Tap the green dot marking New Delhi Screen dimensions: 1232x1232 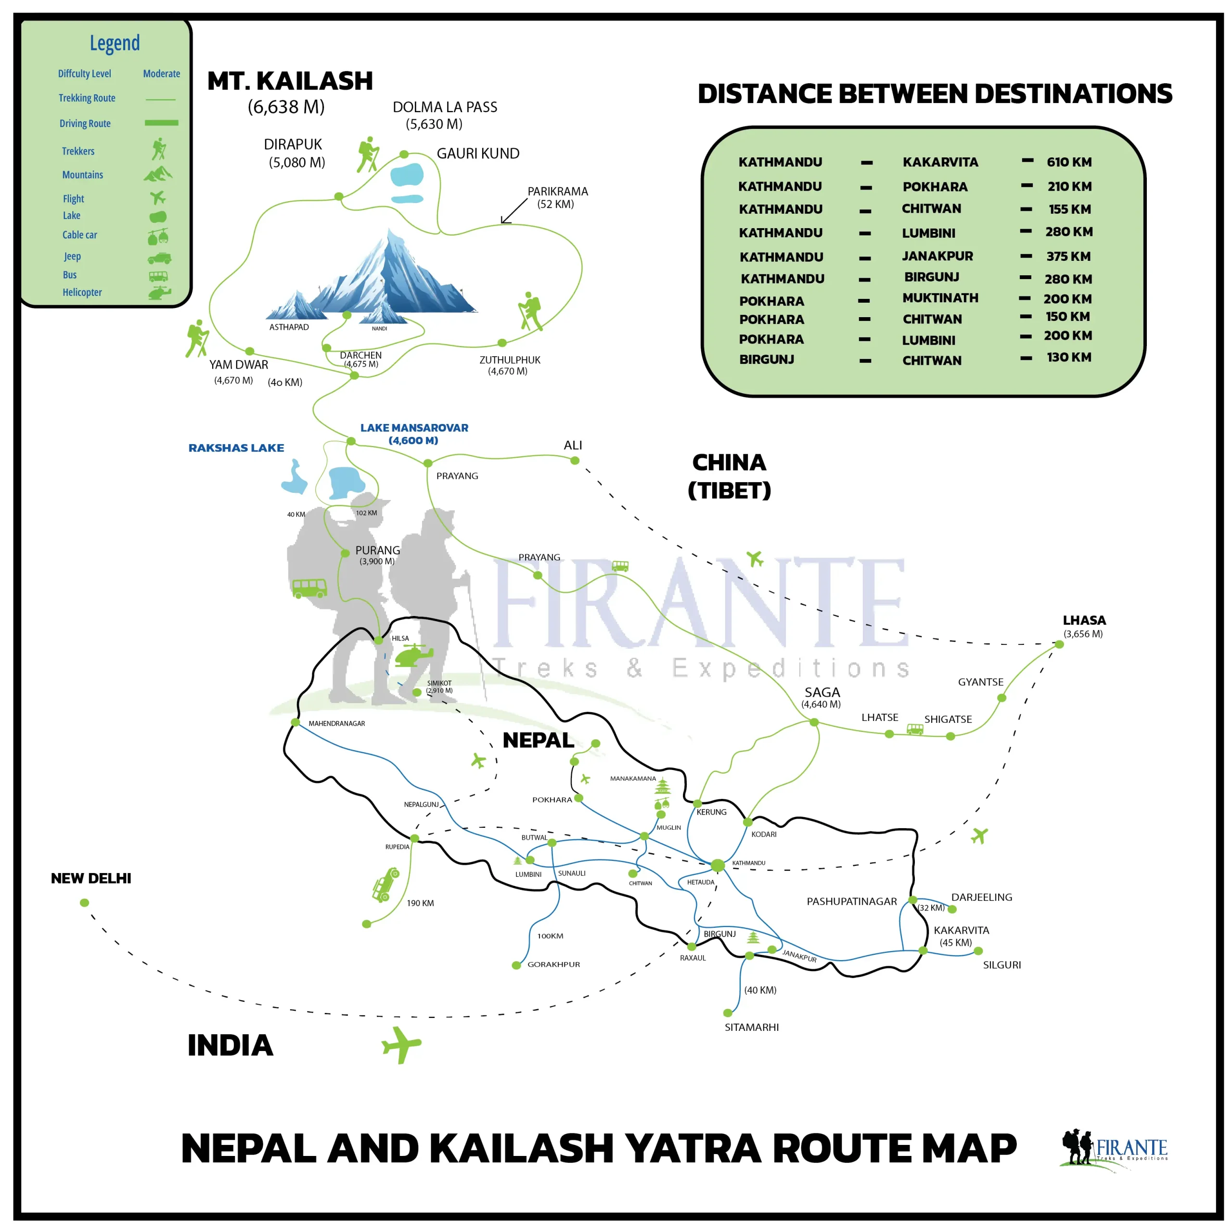[84, 902]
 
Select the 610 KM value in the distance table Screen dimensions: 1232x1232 [1069, 162]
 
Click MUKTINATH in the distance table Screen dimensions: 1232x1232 [940, 298]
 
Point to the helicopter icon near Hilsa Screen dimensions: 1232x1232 [413, 655]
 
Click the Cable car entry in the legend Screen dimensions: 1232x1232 [80, 235]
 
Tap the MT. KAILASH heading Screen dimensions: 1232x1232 [290, 81]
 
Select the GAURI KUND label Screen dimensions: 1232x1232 [477, 154]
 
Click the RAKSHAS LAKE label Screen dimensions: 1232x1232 [236, 448]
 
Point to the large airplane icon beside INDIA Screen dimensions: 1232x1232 [400, 1044]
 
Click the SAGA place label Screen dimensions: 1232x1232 [822, 692]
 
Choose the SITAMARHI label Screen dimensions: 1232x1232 [751, 1027]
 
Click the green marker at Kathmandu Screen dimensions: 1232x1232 [718, 865]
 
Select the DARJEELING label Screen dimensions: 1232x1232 [981, 897]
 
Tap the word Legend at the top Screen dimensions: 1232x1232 [115, 43]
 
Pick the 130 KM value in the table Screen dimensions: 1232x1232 [1069, 357]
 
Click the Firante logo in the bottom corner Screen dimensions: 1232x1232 [1114, 1149]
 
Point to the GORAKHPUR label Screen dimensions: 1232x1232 [553, 964]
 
